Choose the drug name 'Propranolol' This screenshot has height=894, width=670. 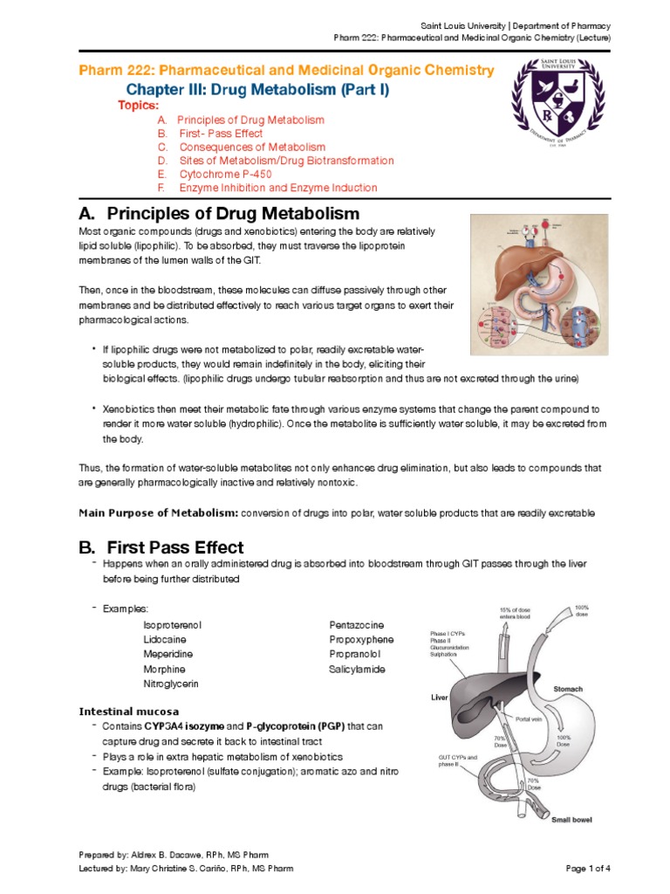pos(355,654)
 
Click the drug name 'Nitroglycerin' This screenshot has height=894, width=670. pos(171,684)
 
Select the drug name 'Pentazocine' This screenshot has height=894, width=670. pos(356,624)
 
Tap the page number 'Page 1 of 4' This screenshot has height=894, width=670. pos(588,868)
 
